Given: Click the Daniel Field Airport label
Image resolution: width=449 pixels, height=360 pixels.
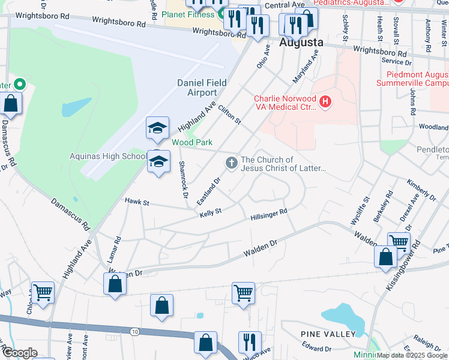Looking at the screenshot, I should [x=197, y=88].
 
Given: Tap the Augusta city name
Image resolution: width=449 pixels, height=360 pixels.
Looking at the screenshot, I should [x=301, y=43].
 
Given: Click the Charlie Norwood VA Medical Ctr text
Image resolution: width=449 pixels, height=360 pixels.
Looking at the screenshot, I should [x=285, y=103].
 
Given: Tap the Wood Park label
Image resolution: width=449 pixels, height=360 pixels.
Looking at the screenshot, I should [x=192, y=142].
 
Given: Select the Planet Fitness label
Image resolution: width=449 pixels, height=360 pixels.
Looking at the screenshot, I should [x=190, y=14].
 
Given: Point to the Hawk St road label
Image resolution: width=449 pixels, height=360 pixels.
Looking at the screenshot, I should [x=136, y=202].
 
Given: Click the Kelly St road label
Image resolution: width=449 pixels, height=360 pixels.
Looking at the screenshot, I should [x=211, y=212].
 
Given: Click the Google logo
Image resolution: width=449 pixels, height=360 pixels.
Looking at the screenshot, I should [x=20, y=352].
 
